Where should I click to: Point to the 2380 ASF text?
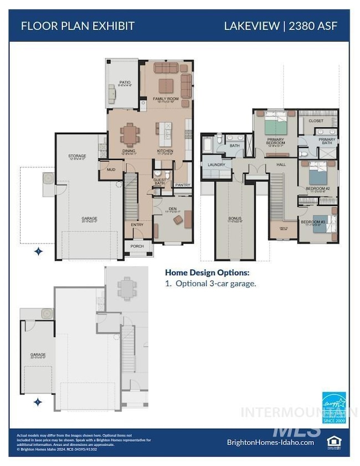coord(315,25)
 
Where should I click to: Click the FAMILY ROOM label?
coord(165,99)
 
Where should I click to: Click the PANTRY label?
coord(182,185)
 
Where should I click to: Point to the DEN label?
coord(172,209)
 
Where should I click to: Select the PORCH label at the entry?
coord(137,246)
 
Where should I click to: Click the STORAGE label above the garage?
coord(76,156)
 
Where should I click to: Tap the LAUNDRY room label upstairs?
coord(216,165)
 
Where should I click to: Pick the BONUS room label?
coord(235,218)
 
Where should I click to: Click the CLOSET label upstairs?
coord(316,120)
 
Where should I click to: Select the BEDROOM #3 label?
coord(311,222)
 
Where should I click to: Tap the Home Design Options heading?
coord(207,272)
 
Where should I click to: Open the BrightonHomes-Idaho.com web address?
coord(270,442)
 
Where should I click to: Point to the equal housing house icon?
coord(333,441)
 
